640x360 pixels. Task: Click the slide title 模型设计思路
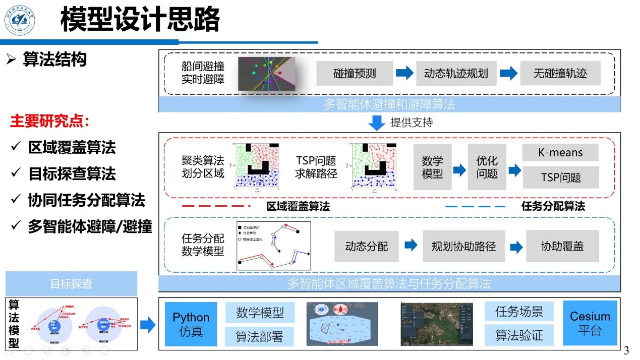(x=140, y=20)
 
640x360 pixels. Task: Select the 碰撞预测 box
(x=355, y=74)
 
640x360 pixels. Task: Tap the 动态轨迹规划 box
(x=456, y=74)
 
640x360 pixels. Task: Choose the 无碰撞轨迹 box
(x=560, y=74)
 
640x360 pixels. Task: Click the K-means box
(x=560, y=152)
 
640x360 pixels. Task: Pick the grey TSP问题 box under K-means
(x=560, y=177)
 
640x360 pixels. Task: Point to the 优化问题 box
(x=487, y=167)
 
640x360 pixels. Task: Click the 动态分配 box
(x=367, y=246)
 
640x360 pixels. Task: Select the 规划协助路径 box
(x=463, y=246)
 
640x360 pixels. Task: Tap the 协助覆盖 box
(x=562, y=246)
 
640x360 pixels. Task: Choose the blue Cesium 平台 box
(x=590, y=323)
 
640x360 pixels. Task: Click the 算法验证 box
(x=519, y=335)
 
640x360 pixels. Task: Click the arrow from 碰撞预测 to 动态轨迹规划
(x=404, y=74)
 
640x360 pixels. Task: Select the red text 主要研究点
(x=50, y=122)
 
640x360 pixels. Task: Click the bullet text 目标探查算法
(x=72, y=174)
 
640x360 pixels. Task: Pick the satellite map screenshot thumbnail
(x=437, y=324)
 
